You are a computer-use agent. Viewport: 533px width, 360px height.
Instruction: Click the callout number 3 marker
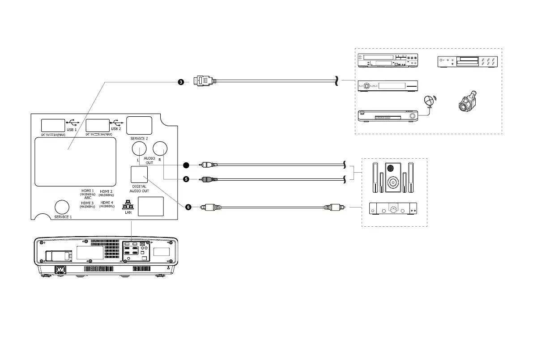click(x=180, y=82)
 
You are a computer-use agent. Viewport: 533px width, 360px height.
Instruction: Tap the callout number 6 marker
click(x=188, y=208)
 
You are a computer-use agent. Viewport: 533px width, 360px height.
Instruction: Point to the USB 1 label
click(x=72, y=129)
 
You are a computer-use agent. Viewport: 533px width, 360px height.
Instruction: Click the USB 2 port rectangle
click(x=98, y=125)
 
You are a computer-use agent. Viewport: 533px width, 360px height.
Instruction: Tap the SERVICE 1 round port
click(x=62, y=207)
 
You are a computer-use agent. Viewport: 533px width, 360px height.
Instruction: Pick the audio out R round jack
click(x=160, y=148)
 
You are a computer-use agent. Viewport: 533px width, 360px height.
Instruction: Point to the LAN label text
click(x=128, y=213)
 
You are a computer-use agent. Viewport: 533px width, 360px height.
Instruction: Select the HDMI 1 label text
click(x=87, y=191)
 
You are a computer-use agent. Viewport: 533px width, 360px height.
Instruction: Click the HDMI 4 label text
click(x=107, y=203)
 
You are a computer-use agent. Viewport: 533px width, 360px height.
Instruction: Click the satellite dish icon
click(x=429, y=101)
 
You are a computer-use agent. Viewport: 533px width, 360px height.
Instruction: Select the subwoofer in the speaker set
click(x=392, y=178)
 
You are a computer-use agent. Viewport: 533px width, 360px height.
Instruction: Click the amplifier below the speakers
click(x=392, y=208)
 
